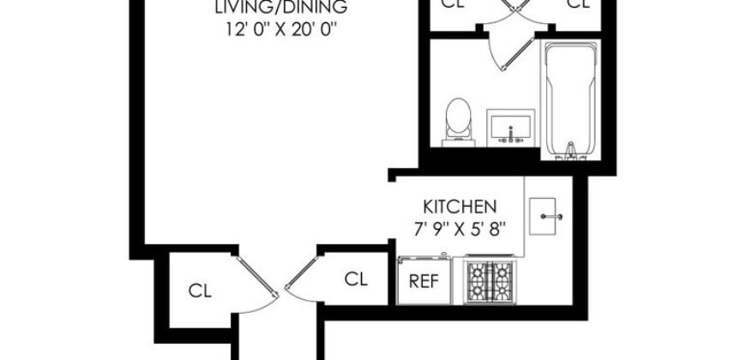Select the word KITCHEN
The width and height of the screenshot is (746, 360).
click(x=460, y=207)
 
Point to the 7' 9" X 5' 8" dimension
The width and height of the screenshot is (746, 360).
click(x=460, y=228)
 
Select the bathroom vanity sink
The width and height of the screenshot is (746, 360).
click(x=511, y=127)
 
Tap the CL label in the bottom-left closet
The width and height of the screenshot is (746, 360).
click(x=200, y=289)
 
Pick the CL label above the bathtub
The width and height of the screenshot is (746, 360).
click(x=580, y=4)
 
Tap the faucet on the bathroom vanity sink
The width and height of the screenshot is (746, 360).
click(x=511, y=133)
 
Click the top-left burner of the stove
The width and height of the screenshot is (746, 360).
click(x=478, y=270)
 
